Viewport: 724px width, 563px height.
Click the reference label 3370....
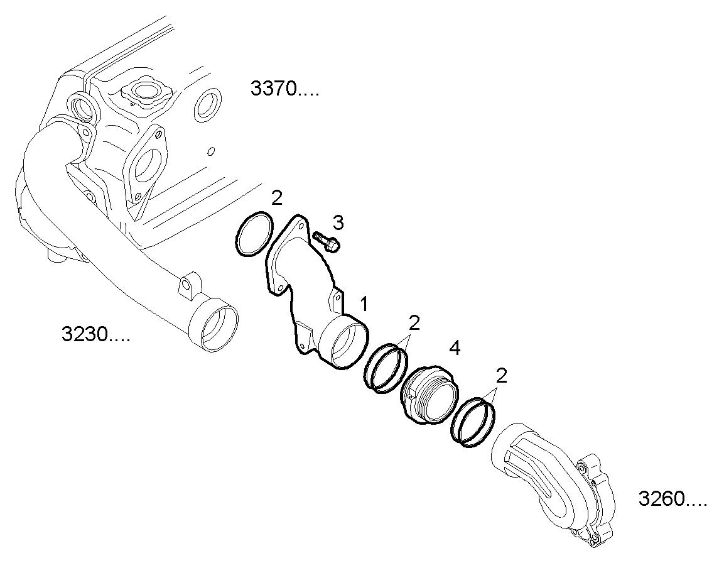coord(284,89)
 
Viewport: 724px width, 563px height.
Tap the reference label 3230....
coord(95,334)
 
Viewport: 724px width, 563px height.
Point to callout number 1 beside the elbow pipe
coord(363,305)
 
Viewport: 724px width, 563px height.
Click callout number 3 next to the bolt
coord(338,222)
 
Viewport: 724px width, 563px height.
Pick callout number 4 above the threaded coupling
coord(454,347)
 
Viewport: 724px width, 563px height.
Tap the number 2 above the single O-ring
coord(277,199)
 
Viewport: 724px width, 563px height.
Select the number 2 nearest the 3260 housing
coord(501,376)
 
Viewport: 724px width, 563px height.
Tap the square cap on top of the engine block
coord(144,92)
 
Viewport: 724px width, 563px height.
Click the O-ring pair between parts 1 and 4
coord(385,368)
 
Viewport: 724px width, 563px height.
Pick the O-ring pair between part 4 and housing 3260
coord(473,422)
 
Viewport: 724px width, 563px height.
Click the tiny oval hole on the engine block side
coord(212,151)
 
